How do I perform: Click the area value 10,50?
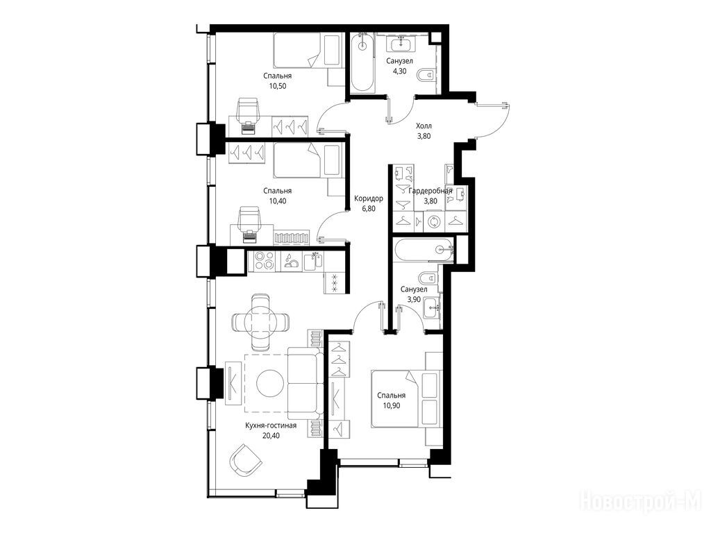pos(278,85)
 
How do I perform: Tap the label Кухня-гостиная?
pos(271,425)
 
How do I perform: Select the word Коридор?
pos(369,198)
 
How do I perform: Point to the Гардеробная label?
pos(430,191)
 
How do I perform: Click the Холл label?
pos(424,126)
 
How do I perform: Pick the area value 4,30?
pos(399,71)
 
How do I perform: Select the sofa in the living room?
pos(305,383)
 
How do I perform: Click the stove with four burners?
pos(265,261)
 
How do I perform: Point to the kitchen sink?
pos(313,261)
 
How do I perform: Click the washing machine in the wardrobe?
pos(435,222)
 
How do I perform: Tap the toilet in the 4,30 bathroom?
pos(426,75)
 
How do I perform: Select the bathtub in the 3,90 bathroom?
pos(424,250)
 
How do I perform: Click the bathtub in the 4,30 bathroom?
pos(362,63)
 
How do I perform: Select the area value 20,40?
pos(271,436)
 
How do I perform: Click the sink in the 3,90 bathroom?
pos(431,307)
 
